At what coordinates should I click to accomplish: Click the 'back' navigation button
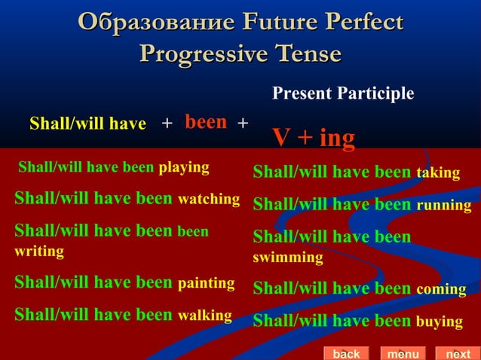pos(346,353)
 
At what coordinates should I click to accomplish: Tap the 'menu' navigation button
pos(403,353)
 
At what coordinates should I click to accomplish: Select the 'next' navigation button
pos(458,353)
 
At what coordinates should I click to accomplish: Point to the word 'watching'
pos(208,200)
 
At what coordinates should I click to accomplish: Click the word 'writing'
pos(39,251)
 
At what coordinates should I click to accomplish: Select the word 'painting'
pos(206,283)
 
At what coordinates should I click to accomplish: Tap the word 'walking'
pos(204,315)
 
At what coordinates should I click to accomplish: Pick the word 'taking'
pos(438,173)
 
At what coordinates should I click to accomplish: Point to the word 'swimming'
pos(288,258)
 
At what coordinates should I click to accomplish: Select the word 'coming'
pos(440,289)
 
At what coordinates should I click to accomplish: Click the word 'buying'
pos(439,322)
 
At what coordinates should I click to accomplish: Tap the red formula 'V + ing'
pos(313,139)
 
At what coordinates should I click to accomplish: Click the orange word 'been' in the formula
pos(206,122)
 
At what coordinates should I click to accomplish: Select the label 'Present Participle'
pos(342,93)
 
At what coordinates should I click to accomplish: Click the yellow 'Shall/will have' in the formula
pos(87,124)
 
